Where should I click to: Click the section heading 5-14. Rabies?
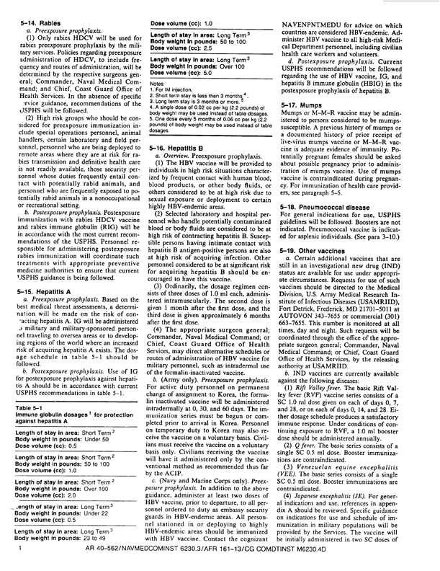click(x=36, y=22)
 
